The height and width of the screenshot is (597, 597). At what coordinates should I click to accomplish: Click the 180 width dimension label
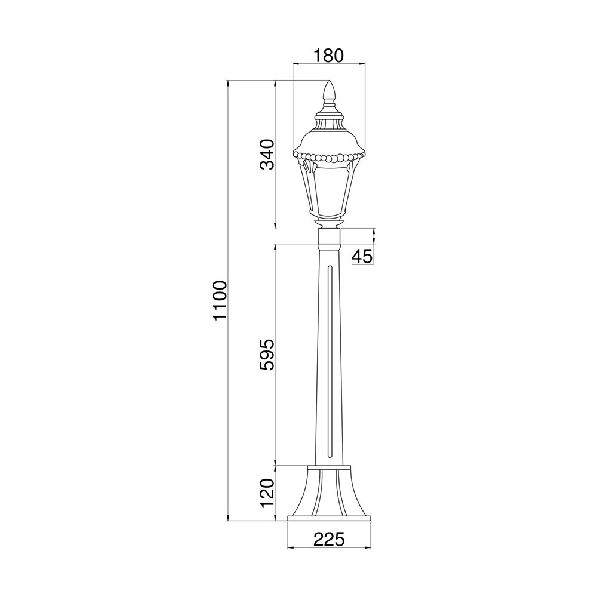(328, 56)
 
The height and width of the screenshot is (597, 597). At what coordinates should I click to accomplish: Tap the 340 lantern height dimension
(267, 155)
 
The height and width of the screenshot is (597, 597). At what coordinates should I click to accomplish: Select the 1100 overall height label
(220, 301)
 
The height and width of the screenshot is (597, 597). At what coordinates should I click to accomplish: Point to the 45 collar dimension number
(362, 257)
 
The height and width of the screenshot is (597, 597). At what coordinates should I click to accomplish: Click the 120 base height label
(267, 494)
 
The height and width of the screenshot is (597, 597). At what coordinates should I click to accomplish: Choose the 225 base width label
(329, 539)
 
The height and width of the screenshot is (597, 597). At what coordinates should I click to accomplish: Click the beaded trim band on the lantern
(329, 157)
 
